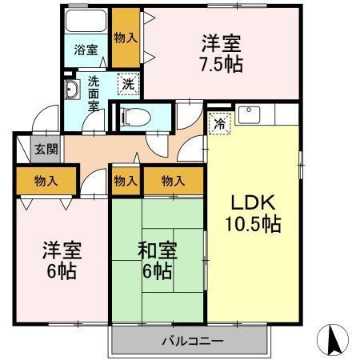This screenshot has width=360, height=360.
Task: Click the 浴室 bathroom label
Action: tap(86, 50)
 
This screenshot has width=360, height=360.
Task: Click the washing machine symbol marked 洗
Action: tap(126, 82)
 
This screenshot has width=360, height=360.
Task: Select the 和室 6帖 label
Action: tap(158, 260)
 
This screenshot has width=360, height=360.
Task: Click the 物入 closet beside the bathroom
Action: tap(126, 36)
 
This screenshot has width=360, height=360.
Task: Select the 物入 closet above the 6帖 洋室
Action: tap(46, 180)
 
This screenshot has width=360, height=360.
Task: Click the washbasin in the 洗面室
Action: tap(71, 90)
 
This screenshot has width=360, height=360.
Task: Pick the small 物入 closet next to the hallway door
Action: tap(125, 182)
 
